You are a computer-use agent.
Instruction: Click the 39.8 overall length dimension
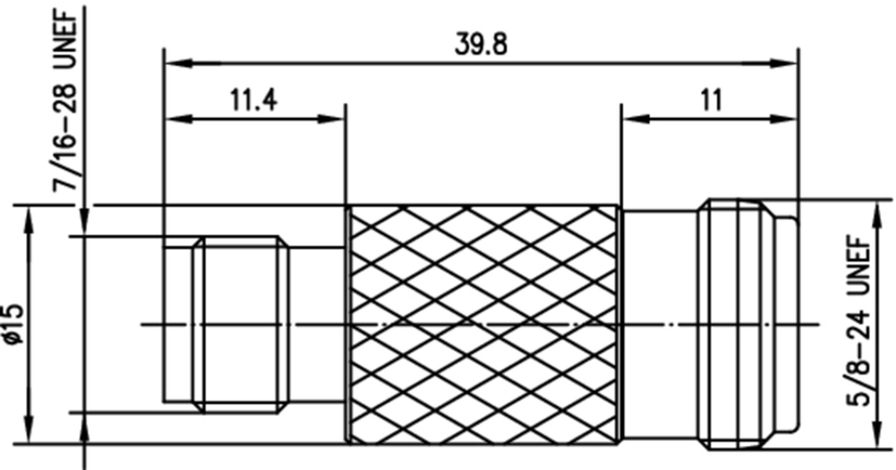481,45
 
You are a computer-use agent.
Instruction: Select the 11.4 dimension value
253,100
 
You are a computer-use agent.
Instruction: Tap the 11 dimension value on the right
711,100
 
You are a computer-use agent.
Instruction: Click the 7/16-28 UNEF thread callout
65,100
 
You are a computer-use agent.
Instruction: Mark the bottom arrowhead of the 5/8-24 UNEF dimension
877,434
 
